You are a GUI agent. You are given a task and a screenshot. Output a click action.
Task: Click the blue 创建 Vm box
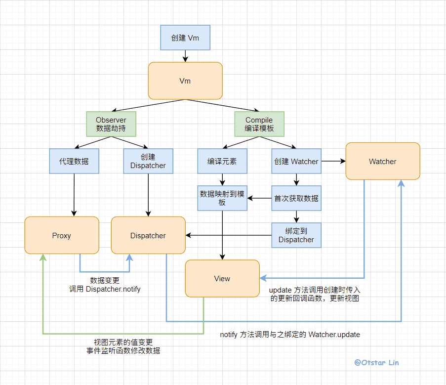(185, 38)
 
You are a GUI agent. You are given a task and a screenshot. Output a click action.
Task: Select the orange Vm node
(185, 81)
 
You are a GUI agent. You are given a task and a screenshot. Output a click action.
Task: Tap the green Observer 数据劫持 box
(111, 124)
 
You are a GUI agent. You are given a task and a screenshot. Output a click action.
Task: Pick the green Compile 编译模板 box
(259, 124)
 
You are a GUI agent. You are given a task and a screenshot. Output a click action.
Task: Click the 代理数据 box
(74, 161)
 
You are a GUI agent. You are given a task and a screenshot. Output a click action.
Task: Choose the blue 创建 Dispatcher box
(148, 161)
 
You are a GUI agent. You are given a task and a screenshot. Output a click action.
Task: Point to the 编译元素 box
(222, 161)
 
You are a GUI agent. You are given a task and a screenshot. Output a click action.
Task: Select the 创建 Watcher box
(296, 161)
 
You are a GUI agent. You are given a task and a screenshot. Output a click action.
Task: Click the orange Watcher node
(383, 161)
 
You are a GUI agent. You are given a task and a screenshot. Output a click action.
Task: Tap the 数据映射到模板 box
(222, 198)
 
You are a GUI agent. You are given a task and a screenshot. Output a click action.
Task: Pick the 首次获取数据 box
(296, 198)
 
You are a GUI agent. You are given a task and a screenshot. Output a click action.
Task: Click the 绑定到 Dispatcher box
(296, 235)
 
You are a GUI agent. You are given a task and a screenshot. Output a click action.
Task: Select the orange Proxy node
(62, 235)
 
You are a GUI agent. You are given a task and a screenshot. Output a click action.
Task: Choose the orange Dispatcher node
(148, 235)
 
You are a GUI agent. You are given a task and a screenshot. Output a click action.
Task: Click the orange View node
(222, 278)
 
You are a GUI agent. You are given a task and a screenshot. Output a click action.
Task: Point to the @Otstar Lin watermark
(376, 362)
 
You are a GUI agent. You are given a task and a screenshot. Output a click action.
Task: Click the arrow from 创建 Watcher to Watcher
(333, 161)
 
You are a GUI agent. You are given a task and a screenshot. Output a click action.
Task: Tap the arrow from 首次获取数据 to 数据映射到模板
(259, 198)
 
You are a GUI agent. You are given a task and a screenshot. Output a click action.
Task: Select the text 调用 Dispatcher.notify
(105, 289)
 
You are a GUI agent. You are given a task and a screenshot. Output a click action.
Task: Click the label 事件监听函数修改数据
(123, 351)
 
